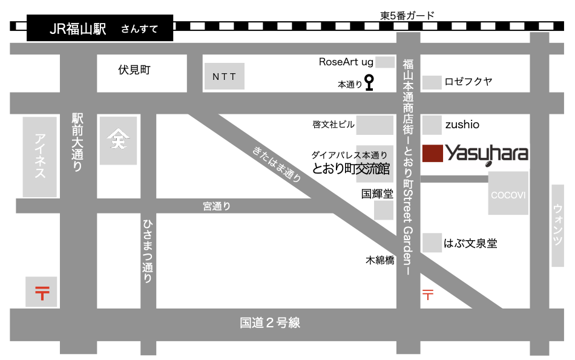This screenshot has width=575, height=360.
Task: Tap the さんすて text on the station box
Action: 139,29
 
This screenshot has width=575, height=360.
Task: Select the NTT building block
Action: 224,77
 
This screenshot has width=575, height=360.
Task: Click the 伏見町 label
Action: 134,70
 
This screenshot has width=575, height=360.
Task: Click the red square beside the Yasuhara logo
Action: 432,153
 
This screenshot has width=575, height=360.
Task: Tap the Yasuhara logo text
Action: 487,153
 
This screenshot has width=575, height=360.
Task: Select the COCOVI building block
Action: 508,194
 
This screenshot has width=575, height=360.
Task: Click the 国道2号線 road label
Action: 269,323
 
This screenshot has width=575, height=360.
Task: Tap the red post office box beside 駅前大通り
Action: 42,292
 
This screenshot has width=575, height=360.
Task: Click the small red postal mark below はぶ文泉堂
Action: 427,295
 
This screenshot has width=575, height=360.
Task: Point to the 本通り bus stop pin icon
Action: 369,82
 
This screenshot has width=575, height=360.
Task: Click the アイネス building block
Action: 41,157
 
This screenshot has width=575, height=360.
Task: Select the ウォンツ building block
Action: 557,226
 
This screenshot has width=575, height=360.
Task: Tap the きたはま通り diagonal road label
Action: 277,164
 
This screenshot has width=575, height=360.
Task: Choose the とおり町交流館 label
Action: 351,169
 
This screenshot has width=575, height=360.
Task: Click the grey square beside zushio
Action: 432,125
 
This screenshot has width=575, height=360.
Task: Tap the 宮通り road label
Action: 217,207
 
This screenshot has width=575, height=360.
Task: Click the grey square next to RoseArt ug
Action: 385,62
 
